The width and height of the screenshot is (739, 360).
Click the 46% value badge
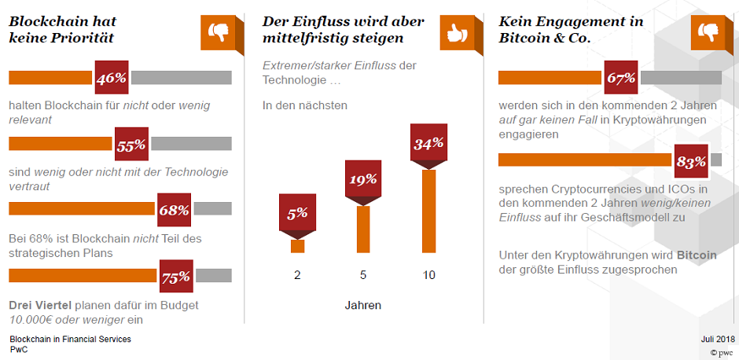click(111, 78)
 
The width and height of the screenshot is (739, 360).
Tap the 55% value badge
click(131, 145)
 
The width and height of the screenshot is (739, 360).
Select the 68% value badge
click(174, 210)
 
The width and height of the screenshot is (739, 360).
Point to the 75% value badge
click(175, 276)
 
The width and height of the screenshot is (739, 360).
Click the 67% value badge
click(621, 78)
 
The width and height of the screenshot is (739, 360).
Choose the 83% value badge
click(691, 161)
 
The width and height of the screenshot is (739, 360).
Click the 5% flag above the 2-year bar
click(297, 214)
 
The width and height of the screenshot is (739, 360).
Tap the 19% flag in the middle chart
click(363, 179)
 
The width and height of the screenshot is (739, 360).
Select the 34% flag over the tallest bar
click(428, 143)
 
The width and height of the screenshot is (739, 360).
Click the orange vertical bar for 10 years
click(428, 211)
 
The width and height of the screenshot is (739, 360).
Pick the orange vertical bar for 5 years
click(363, 229)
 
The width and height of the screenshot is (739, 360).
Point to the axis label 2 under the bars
click(297, 275)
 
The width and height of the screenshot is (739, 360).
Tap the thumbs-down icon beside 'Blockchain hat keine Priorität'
click(217, 32)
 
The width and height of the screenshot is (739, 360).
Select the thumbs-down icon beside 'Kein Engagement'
click(707, 32)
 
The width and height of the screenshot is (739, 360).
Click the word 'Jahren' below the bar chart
click(363, 304)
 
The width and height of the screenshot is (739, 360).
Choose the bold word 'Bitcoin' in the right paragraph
click(697, 255)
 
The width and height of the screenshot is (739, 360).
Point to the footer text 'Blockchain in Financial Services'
click(70, 339)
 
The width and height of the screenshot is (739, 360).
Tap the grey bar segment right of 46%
click(182, 78)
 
